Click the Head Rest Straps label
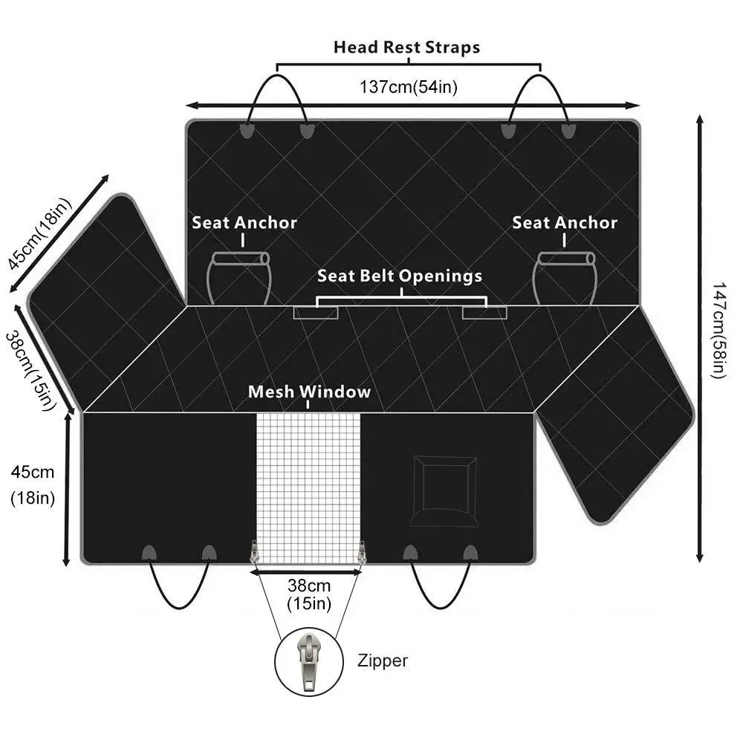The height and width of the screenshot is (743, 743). [406, 48]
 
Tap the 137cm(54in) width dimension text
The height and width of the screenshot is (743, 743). [409, 86]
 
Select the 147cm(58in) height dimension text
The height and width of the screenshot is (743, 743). [718, 330]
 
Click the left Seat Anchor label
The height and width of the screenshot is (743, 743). [244, 222]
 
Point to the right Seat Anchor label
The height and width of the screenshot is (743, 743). [565, 222]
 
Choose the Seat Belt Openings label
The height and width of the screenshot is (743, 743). [400, 276]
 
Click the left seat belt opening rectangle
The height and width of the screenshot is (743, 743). [316, 312]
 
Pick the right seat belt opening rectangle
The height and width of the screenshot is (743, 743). [484, 312]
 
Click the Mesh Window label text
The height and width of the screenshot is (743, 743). [309, 392]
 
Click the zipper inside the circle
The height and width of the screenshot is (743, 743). [307, 658]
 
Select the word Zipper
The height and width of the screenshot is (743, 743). [382, 661]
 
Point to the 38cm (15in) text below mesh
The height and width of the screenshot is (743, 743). [308, 594]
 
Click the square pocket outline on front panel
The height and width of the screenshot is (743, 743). [444, 490]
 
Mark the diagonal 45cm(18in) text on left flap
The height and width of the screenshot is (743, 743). [38, 234]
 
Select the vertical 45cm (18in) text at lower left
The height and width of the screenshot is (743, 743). [33, 485]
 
